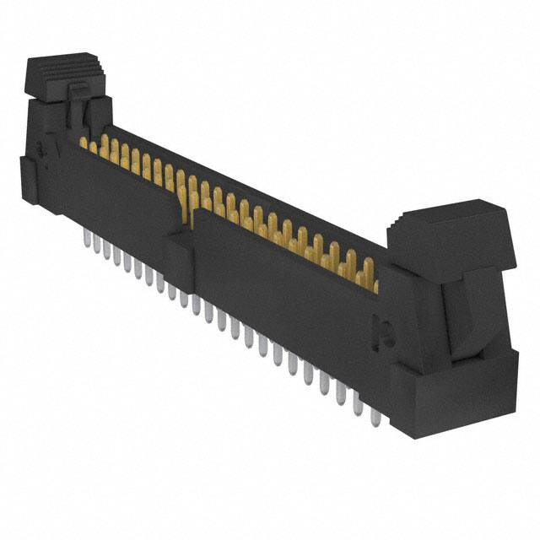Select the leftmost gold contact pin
84,143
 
